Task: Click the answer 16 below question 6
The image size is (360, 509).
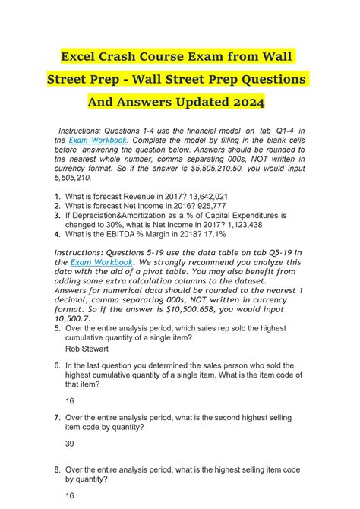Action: [70, 400]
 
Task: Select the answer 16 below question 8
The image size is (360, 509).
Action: [70, 495]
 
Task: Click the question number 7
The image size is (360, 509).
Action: [57, 417]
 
